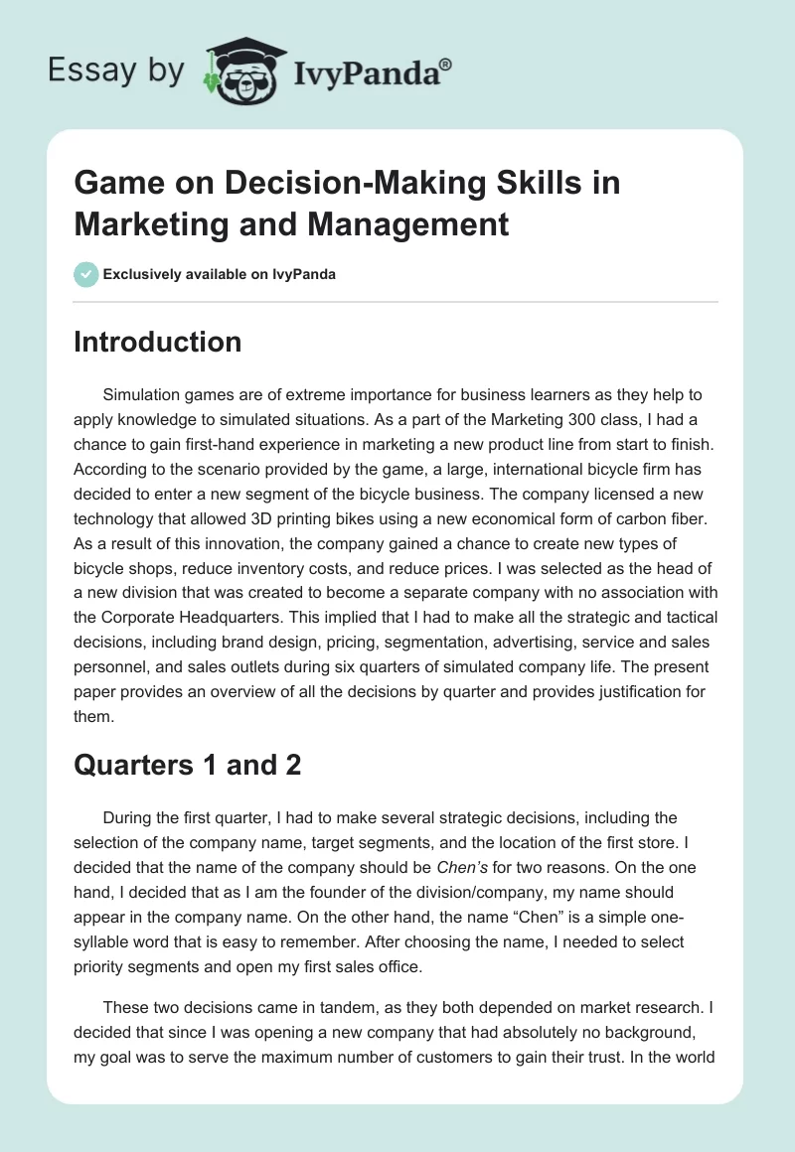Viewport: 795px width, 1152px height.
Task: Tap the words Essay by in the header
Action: tap(116, 71)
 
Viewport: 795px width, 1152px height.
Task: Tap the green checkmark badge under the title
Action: tap(86, 274)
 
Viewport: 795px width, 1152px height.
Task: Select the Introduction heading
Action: tap(158, 342)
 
